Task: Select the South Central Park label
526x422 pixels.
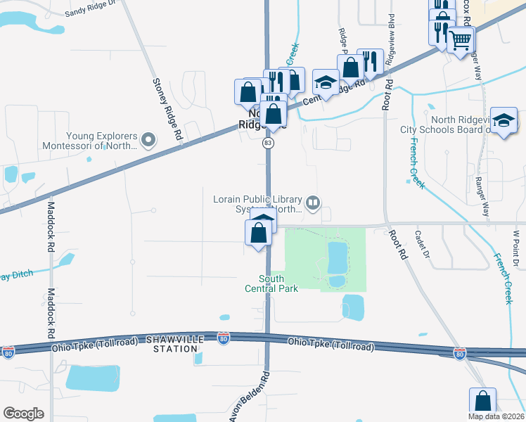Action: click(x=271, y=283)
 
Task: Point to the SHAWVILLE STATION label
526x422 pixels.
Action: click(x=172, y=344)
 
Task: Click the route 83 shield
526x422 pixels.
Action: click(x=268, y=143)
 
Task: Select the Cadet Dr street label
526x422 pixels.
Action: click(x=421, y=244)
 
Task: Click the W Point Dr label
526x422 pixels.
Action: click(x=515, y=247)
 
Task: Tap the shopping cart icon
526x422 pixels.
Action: click(x=461, y=40)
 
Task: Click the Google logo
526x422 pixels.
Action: click(x=23, y=413)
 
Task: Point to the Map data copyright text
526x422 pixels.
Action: click(x=495, y=416)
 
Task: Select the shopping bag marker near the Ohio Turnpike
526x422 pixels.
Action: click(x=482, y=402)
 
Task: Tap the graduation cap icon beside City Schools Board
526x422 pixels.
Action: click(x=503, y=121)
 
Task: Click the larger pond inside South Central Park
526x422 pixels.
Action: click(x=337, y=257)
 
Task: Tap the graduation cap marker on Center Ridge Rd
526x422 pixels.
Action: click(x=326, y=83)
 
